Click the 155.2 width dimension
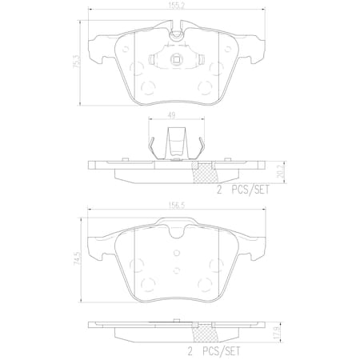coord(177,6)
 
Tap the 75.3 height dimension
coord(77,63)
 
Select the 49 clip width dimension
coord(171,115)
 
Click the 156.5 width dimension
coord(177,206)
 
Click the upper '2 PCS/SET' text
coord(243,190)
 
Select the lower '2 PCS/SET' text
coord(214,350)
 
